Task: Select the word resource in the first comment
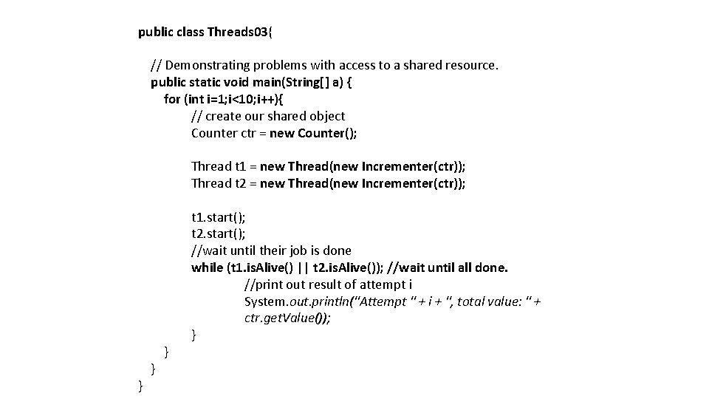pos(471,65)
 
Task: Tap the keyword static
pos(210,82)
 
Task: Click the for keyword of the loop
pos(171,99)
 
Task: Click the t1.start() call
pos(219,217)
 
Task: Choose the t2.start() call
pos(219,234)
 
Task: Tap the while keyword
pos(207,267)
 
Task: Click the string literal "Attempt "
pos(383,301)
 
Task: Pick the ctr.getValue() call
pos(287,318)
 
